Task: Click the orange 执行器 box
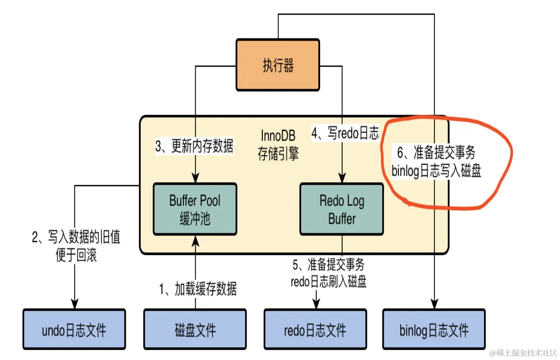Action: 278,65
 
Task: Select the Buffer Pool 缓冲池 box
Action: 194,209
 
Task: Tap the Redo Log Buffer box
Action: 341,209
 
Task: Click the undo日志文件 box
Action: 74,330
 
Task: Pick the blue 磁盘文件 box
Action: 195,330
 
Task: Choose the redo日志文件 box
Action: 315,330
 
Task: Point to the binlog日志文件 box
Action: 434,330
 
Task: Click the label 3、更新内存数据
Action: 194,147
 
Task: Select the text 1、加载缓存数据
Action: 198,289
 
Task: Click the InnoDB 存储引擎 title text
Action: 278,145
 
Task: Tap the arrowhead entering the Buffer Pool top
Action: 195,179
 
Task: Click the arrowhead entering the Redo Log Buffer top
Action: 342,179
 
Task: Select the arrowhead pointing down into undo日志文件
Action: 75,304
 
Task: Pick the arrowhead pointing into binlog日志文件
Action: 434,304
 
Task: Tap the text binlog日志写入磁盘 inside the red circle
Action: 436,172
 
